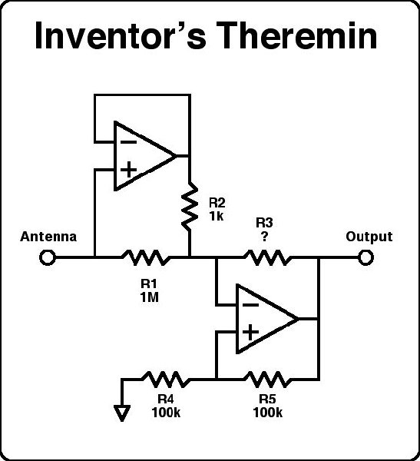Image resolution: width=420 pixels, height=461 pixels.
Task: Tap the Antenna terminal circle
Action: coord(47,257)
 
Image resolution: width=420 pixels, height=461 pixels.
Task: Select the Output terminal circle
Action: coord(366,257)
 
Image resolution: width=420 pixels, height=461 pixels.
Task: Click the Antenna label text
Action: coord(48,237)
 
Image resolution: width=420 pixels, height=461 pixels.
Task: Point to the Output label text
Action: coord(369,237)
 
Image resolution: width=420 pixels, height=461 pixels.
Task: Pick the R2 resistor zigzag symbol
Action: coord(188,206)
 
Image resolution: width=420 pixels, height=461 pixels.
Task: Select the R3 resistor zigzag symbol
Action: coord(266,257)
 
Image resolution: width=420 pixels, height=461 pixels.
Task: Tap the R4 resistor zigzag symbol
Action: coord(164,379)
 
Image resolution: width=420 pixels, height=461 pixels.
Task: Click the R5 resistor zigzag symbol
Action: coord(266,379)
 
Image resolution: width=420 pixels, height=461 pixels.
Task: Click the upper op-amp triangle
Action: coord(143,155)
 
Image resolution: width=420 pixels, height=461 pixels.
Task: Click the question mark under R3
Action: coord(265,237)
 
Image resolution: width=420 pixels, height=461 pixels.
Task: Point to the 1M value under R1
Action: coord(150,297)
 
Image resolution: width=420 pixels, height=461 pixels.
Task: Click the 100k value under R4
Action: coord(166,413)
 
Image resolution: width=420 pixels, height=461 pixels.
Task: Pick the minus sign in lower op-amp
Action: coord(250,304)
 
